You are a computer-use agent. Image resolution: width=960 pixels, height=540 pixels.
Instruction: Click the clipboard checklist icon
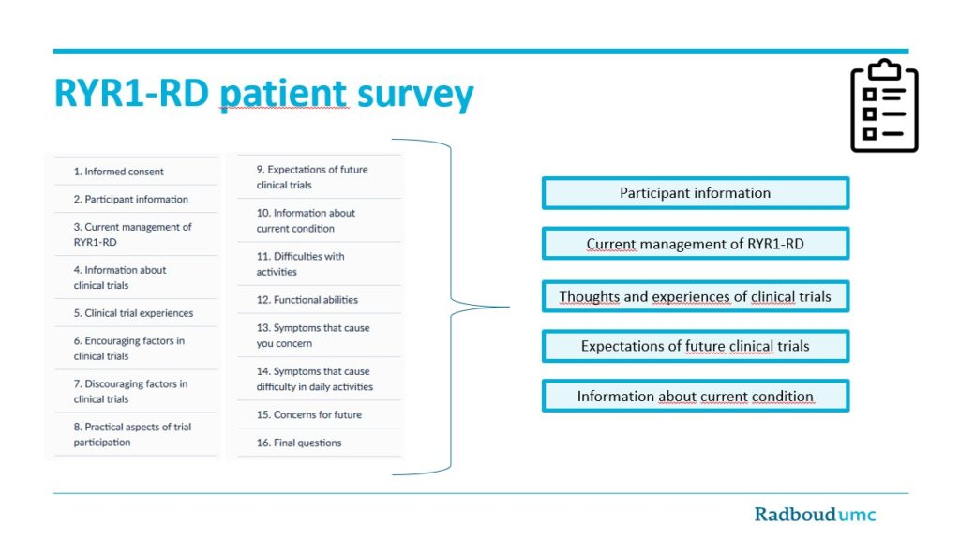(884, 105)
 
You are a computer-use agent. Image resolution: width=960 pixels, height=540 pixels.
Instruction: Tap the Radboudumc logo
(815, 515)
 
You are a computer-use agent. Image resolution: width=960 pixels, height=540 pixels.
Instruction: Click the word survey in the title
(415, 95)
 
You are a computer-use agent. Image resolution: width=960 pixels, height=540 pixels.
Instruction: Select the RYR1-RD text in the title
(131, 93)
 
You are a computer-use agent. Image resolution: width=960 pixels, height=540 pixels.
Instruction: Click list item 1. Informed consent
(119, 172)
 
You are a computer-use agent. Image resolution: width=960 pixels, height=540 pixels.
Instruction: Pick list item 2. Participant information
(131, 199)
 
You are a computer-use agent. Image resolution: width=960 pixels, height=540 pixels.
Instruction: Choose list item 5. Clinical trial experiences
(133, 313)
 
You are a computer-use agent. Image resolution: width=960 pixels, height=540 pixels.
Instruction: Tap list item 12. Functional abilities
(307, 300)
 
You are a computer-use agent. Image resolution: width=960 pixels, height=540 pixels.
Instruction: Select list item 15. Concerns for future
(309, 414)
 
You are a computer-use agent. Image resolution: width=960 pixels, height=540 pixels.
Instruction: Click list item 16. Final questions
(299, 442)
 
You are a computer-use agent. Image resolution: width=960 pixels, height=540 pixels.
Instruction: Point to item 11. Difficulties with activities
(301, 263)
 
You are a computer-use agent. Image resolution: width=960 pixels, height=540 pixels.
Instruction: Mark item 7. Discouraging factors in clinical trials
(130, 391)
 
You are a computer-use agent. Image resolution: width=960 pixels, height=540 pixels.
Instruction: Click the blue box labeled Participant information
(696, 193)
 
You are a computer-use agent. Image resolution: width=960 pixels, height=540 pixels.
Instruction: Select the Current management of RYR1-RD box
(696, 244)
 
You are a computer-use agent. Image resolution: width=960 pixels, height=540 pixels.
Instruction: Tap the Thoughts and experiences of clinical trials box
(696, 296)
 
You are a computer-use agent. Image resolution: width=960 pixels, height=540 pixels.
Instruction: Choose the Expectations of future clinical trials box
(696, 346)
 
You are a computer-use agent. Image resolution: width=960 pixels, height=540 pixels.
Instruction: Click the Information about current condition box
(696, 397)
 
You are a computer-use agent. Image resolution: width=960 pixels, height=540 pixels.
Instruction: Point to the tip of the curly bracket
(509, 307)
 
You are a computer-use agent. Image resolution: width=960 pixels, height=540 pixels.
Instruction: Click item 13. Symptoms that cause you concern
(313, 336)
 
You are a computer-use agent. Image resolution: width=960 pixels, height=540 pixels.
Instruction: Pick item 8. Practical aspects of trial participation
(132, 435)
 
